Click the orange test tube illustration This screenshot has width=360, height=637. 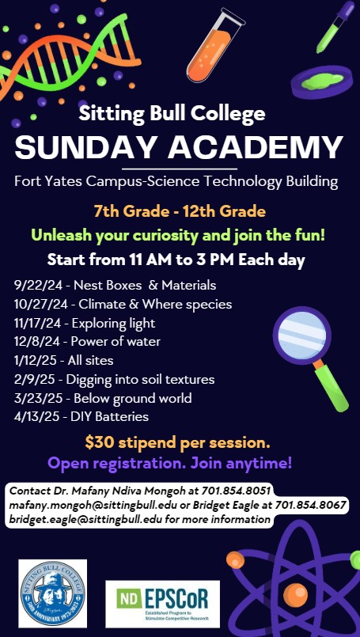click(x=214, y=46)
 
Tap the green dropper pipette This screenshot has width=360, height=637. click(x=335, y=26)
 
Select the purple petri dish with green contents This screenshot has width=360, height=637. click(x=322, y=82)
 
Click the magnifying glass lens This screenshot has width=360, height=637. click(x=302, y=336)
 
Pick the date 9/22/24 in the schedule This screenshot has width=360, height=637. click(x=39, y=286)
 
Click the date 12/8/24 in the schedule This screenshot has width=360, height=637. click(x=38, y=342)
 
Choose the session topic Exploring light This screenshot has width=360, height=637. click(x=113, y=324)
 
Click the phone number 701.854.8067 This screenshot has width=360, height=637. click(x=310, y=505)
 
